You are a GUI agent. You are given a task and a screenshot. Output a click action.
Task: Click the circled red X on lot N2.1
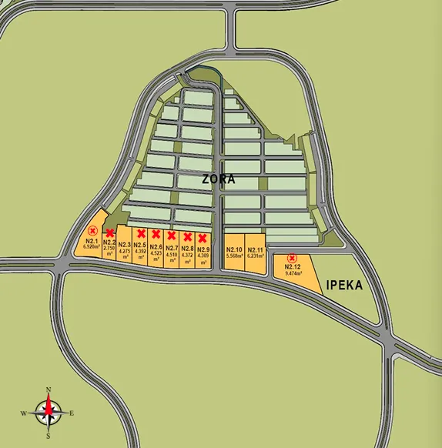pyautogui.click(x=93, y=230)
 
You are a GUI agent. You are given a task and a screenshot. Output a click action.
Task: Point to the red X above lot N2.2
pyautogui.click(x=110, y=232)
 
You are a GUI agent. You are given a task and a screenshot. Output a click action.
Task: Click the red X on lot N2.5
pyautogui.click(x=141, y=233)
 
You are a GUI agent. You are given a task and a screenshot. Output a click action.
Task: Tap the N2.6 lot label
pyautogui.click(x=156, y=246)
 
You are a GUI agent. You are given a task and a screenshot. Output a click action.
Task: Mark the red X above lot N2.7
pyautogui.click(x=172, y=236)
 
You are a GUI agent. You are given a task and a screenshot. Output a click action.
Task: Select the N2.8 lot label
pyautogui.click(x=187, y=249)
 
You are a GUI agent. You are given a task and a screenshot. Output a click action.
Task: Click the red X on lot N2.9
pyautogui.click(x=203, y=238)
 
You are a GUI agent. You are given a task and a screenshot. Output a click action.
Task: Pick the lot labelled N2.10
pyautogui.click(x=234, y=250)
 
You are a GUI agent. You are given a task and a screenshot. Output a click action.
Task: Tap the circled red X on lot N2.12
pyautogui.click(x=292, y=258)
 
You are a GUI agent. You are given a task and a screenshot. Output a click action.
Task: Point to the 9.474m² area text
pyautogui.click(x=293, y=273)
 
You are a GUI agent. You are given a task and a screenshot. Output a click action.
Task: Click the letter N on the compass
pyautogui.click(x=49, y=389)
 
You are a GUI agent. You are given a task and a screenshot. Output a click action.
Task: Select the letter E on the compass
pyautogui.click(x=72, y=413)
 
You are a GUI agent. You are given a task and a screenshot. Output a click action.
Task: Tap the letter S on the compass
pyautogui.click(x=49, y=436)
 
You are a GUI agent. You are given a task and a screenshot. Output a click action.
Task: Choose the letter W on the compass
pyautogui.click(x=23, y=413)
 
